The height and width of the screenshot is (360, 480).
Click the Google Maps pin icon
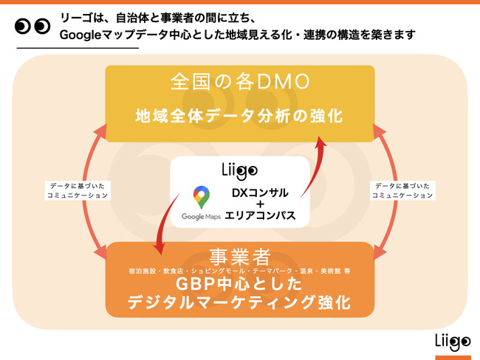click(201, 198)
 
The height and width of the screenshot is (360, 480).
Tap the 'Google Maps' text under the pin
click(202, 217)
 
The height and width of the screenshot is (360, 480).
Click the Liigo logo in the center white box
click(239, 170)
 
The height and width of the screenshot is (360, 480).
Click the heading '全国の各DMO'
click(239, 82)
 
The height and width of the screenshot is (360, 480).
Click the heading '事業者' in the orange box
click(239, 257)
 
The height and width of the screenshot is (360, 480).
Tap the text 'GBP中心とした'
click(239, 284)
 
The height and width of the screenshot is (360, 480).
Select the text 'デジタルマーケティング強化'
click(239, 302)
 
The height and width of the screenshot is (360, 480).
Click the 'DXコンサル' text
click(259, 193)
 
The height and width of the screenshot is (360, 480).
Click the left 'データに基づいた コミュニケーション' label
click(78, 190)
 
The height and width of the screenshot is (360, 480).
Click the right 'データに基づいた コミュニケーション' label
click(402, 190)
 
